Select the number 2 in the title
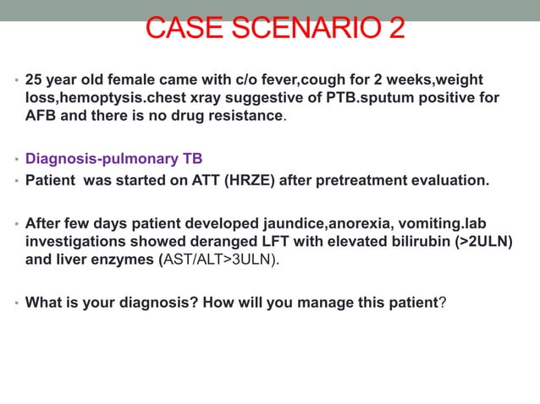[x=394, y=27]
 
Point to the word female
[x=133, y=80]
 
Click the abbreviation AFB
[x=40, y=116]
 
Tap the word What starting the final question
[x=44, y=299]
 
